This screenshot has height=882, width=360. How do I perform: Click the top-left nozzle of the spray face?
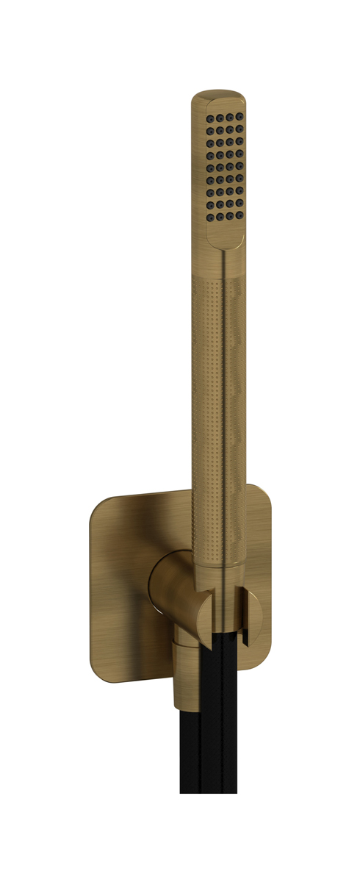(211, 118)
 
